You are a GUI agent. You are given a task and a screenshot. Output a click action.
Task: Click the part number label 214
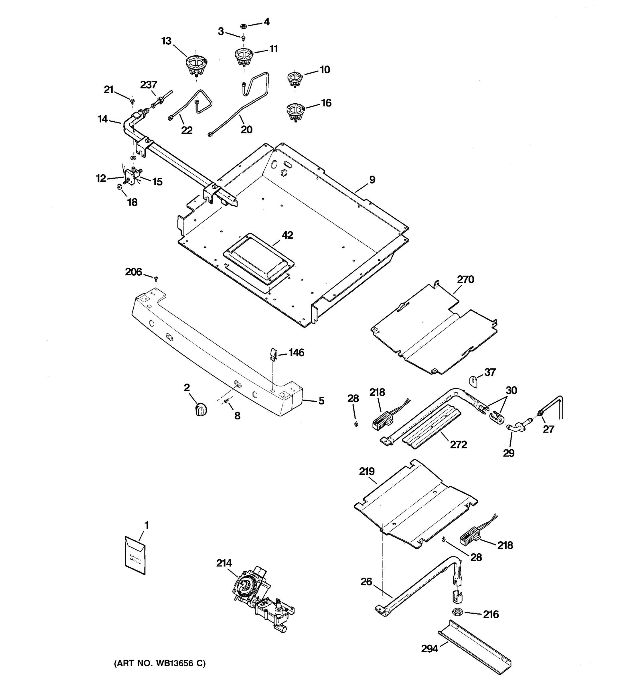click(x=224, y=563)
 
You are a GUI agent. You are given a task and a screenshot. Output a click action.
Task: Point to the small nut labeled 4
click(x=243, y=26)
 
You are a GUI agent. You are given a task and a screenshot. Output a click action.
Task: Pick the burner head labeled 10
click(x=295, y=80)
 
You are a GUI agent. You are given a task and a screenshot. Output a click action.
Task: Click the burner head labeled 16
click(x=296, y=112)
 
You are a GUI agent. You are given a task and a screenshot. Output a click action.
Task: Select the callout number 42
click(x=287, y=235)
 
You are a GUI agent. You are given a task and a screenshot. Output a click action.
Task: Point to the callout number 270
click(x=465, y=279)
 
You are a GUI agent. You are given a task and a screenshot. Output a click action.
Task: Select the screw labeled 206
click(x=156, y=277)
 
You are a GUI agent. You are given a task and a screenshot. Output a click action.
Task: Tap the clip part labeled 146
click(x=273, y=354)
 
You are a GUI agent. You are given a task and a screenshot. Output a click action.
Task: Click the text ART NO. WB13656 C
click(x=160, y=663)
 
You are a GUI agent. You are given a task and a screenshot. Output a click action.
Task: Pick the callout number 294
click(x=429, y=649)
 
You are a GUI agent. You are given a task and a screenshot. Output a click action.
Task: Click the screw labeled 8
click(x=227, y=401)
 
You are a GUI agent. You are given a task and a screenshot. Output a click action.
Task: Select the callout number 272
click(x=458, y=445)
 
